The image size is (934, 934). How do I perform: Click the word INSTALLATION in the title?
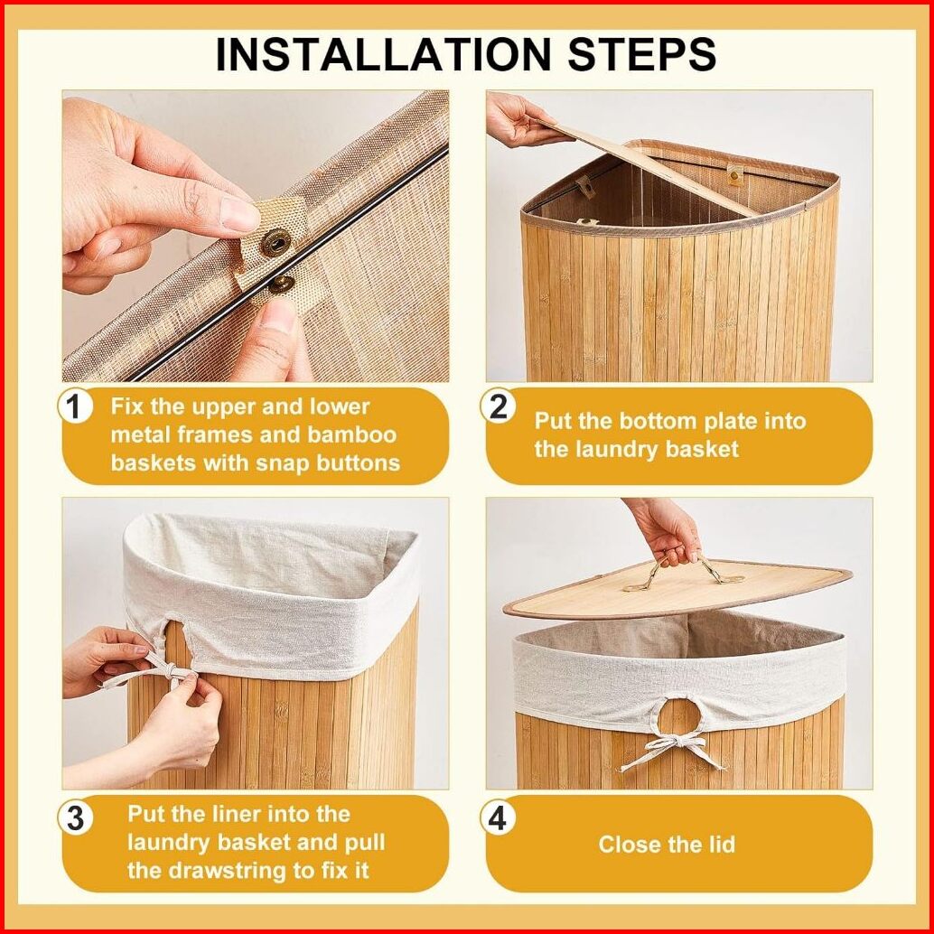[383, 54]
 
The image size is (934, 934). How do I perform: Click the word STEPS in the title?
[641, 54]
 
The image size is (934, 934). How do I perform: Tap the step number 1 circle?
[75, 408]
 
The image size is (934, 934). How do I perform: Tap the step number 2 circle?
[498, 407]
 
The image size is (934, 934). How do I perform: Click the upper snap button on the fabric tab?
[276, 243]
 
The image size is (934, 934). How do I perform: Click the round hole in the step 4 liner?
[680, 715]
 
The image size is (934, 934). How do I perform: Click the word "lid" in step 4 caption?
[720, 844]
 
